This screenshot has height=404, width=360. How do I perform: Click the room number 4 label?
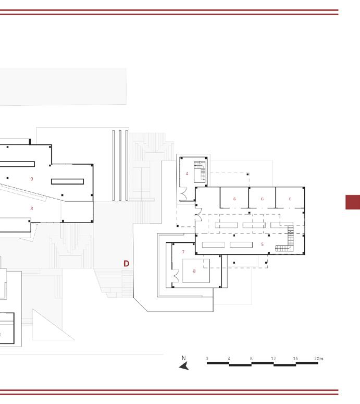[x=187, y=174]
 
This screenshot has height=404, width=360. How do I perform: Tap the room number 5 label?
[x=262, y=244]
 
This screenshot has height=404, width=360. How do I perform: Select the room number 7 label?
[x=183, y=252]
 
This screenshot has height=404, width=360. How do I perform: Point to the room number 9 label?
[x=32, y=179]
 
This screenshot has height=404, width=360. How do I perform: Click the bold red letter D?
[x=126, y=264]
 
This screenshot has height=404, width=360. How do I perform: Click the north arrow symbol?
[x=184, y=366]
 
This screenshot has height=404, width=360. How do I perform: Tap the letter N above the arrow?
[x=183, y=358]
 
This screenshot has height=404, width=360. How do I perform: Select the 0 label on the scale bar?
[x=207, y=359]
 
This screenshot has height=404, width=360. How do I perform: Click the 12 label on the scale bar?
[x=273, y=359]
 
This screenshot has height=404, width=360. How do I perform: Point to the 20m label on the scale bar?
[x=318, y=359]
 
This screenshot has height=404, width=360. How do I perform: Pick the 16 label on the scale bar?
[x=295, y=359]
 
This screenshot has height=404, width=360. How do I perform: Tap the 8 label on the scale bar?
[x=251, y=359]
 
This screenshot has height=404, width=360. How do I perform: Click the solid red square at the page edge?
[x=353, y=202]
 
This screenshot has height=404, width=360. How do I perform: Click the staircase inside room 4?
[x=200, y=170]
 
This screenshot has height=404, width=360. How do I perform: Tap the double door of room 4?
[x=183, y=194]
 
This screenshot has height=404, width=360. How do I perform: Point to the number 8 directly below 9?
[x=32, y=209]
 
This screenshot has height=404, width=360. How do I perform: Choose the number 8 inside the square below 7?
[x=194, y=271]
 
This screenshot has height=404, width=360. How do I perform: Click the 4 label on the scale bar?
[x=229, y=359]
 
